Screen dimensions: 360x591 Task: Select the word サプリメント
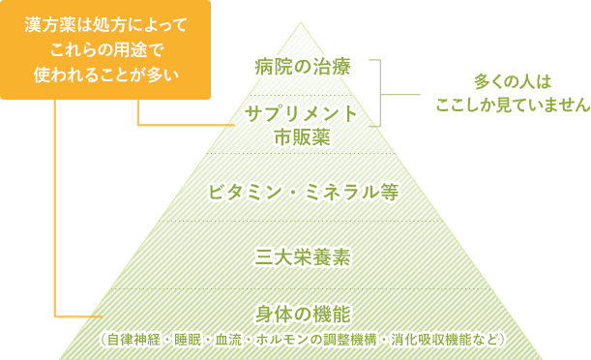pos(302,114)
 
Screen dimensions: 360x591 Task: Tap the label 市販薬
pos(302,137)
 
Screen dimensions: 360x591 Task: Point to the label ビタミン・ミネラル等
pos(303,191)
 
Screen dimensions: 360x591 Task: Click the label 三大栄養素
pos(303,256)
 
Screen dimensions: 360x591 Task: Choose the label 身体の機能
pos(303,314)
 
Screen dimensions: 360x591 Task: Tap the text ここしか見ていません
pos(512,104)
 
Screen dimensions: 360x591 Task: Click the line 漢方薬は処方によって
pos(106,23)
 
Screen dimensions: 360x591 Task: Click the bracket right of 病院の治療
pos(380,93)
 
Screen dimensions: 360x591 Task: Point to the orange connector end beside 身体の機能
pos(97,316)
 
